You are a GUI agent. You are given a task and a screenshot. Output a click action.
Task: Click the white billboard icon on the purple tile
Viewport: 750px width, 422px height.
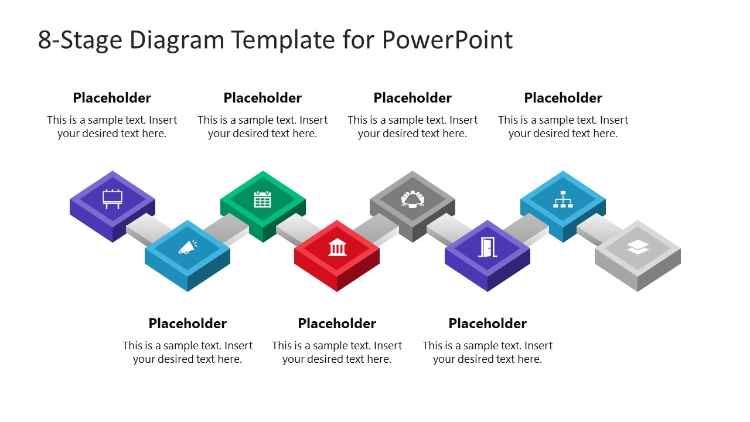pos(112,199)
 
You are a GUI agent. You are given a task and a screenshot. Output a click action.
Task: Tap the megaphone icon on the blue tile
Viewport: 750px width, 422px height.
pos(187,249)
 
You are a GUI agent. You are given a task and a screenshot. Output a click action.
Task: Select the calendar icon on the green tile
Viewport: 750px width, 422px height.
pos(262,199)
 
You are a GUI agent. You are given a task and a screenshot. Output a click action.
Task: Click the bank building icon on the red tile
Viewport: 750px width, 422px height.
pos(337,248)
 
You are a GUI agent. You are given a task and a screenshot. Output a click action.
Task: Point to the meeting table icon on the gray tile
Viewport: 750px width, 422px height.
pos(412,199)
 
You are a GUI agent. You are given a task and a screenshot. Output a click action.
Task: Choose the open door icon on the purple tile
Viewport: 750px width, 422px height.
pos(487,248)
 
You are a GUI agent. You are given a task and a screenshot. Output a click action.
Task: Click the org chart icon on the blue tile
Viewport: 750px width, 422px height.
pos(562,199)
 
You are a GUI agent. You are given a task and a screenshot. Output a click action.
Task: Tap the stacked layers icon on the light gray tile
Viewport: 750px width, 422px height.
pos(637,248)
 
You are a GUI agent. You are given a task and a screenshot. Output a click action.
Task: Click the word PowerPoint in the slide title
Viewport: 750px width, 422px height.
pos(447,40)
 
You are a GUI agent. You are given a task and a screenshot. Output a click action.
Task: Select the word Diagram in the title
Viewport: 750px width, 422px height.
pos(176,40)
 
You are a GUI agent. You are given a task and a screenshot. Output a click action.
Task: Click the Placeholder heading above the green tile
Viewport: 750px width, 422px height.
pos(262,98)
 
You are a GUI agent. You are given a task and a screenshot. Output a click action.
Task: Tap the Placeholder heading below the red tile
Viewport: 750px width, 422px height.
pos(337,324)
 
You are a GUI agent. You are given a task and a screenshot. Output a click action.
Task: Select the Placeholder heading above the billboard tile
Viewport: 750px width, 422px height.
pos(112,98)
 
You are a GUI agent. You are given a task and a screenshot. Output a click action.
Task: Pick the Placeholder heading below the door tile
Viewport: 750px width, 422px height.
pos(487,324)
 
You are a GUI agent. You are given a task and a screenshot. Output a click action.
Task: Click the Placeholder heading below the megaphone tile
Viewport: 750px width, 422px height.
pos(187,324)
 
